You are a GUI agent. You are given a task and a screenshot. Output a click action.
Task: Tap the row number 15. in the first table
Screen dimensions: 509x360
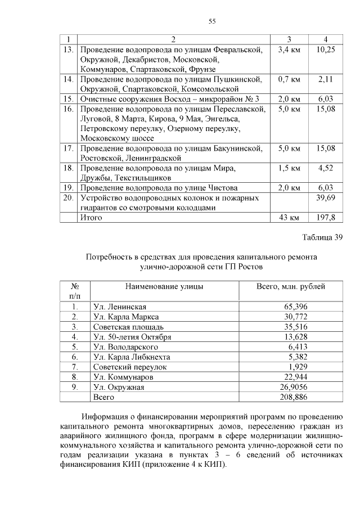point(69,99)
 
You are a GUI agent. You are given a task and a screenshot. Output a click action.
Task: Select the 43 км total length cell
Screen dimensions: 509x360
point(289,217)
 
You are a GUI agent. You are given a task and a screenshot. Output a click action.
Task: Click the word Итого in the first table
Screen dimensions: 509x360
point(92,217)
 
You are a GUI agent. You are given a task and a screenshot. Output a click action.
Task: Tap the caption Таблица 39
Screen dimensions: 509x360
point(322,237)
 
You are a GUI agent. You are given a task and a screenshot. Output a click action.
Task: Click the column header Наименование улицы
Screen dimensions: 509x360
point(164,286)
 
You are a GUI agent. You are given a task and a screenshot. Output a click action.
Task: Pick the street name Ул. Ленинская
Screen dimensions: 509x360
point(120,307)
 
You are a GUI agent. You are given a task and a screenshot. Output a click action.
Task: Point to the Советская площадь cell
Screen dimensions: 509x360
point(128,327)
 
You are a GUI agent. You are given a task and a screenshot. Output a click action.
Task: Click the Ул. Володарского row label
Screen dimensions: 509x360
point(125,347)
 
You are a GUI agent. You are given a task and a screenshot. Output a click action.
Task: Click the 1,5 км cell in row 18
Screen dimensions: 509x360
point(289,168)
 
